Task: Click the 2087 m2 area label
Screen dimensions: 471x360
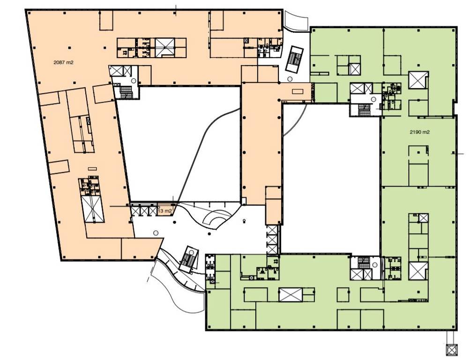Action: (x=63, y=62)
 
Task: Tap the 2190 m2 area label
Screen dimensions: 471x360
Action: (x=419, y=132)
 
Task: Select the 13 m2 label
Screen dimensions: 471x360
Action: (x=164, y=211)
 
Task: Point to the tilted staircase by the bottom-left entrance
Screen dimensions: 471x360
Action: (x=189, y=259)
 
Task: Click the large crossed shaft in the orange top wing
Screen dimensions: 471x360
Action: (x=165, y=47)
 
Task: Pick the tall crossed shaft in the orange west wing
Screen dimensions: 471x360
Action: (x=92, y=209)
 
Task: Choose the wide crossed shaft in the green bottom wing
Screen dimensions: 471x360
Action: (x=291, y=294)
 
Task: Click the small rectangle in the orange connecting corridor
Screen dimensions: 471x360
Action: (x=298, y=91)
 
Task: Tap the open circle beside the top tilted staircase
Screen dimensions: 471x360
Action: (x=290, y=79)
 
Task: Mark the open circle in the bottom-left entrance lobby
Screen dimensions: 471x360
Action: (x=156, y=232)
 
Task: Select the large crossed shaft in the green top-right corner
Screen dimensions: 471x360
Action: (x=418, y=80)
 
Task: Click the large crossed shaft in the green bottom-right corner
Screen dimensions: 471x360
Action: (x=418, y=271)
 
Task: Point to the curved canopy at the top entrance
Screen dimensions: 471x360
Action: (x=296, y=21)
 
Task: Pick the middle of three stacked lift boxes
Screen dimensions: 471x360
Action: (x=272, y=240)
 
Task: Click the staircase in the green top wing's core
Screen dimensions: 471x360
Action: (x=364, y=110)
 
